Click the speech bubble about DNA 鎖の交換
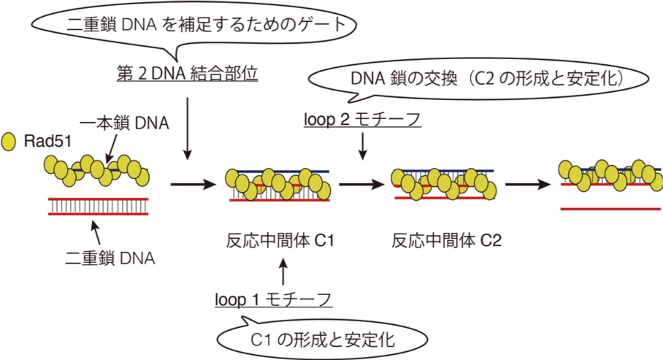pyautogui.click(x=482, y=78)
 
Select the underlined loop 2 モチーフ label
pyautogui.click(x=363, y=120)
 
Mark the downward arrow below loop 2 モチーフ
pyautogui.click(x=363, y=147)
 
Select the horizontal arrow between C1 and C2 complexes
pyautogui.click(x=360, y=185)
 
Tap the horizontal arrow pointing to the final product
pyautogui.click(x=526, y=185)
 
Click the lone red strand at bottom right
pyautogui.click(x=611, y=209)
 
